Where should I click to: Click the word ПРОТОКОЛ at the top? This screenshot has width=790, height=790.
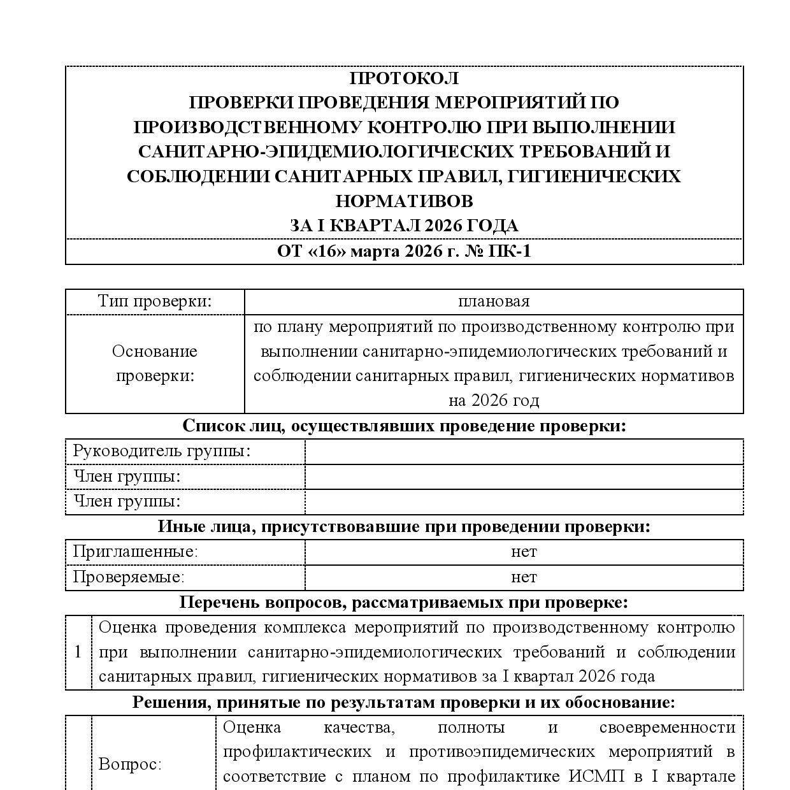[404, 78]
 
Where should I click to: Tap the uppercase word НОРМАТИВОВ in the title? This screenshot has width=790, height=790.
[404, 201]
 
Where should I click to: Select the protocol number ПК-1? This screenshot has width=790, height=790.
[509, 252]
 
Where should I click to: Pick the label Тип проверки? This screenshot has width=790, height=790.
[155, 301]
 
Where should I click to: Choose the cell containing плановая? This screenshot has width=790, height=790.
[494, 301]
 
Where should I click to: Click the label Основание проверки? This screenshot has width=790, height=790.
[155, 363]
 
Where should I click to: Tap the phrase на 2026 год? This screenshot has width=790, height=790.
[494, 400]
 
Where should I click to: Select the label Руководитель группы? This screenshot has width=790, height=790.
[162, 451]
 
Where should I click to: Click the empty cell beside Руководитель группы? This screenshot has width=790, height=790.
[524, 451]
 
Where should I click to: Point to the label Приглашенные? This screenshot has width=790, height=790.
[135, 552]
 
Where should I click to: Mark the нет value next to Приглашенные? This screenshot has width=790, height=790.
[524, 552]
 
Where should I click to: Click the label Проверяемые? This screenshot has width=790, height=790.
[129, 577]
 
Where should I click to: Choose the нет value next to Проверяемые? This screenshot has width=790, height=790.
[524, 577]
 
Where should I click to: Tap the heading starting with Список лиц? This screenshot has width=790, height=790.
[404, 426]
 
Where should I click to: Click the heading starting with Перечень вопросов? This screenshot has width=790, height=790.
[404, 602]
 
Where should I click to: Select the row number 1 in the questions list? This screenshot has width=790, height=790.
[78, 652]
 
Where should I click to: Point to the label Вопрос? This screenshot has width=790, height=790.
[130, 765]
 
